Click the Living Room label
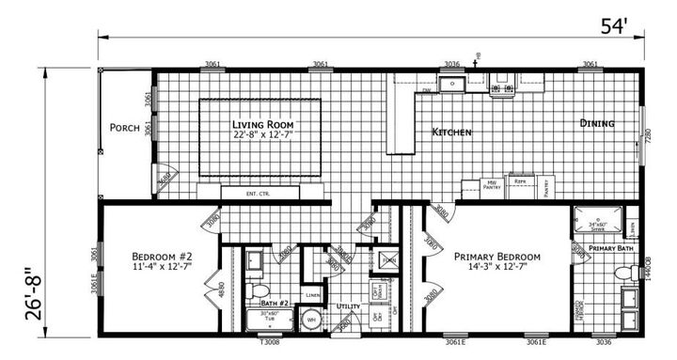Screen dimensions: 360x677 pyautogui.click(x=263, y=124)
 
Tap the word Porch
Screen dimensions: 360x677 pyautogui.click(x=124, y=128)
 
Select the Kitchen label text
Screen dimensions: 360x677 pyautogui.click(x=451, y=133)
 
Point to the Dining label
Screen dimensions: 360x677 pyautogui.click(x=597, y=123)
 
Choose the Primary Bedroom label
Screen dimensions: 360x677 pyautogui.click(x=496, y=257)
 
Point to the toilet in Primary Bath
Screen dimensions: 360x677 pyautogui.click(x=623, y=274)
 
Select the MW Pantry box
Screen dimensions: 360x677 pyautogui.click(x=490, y=185)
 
